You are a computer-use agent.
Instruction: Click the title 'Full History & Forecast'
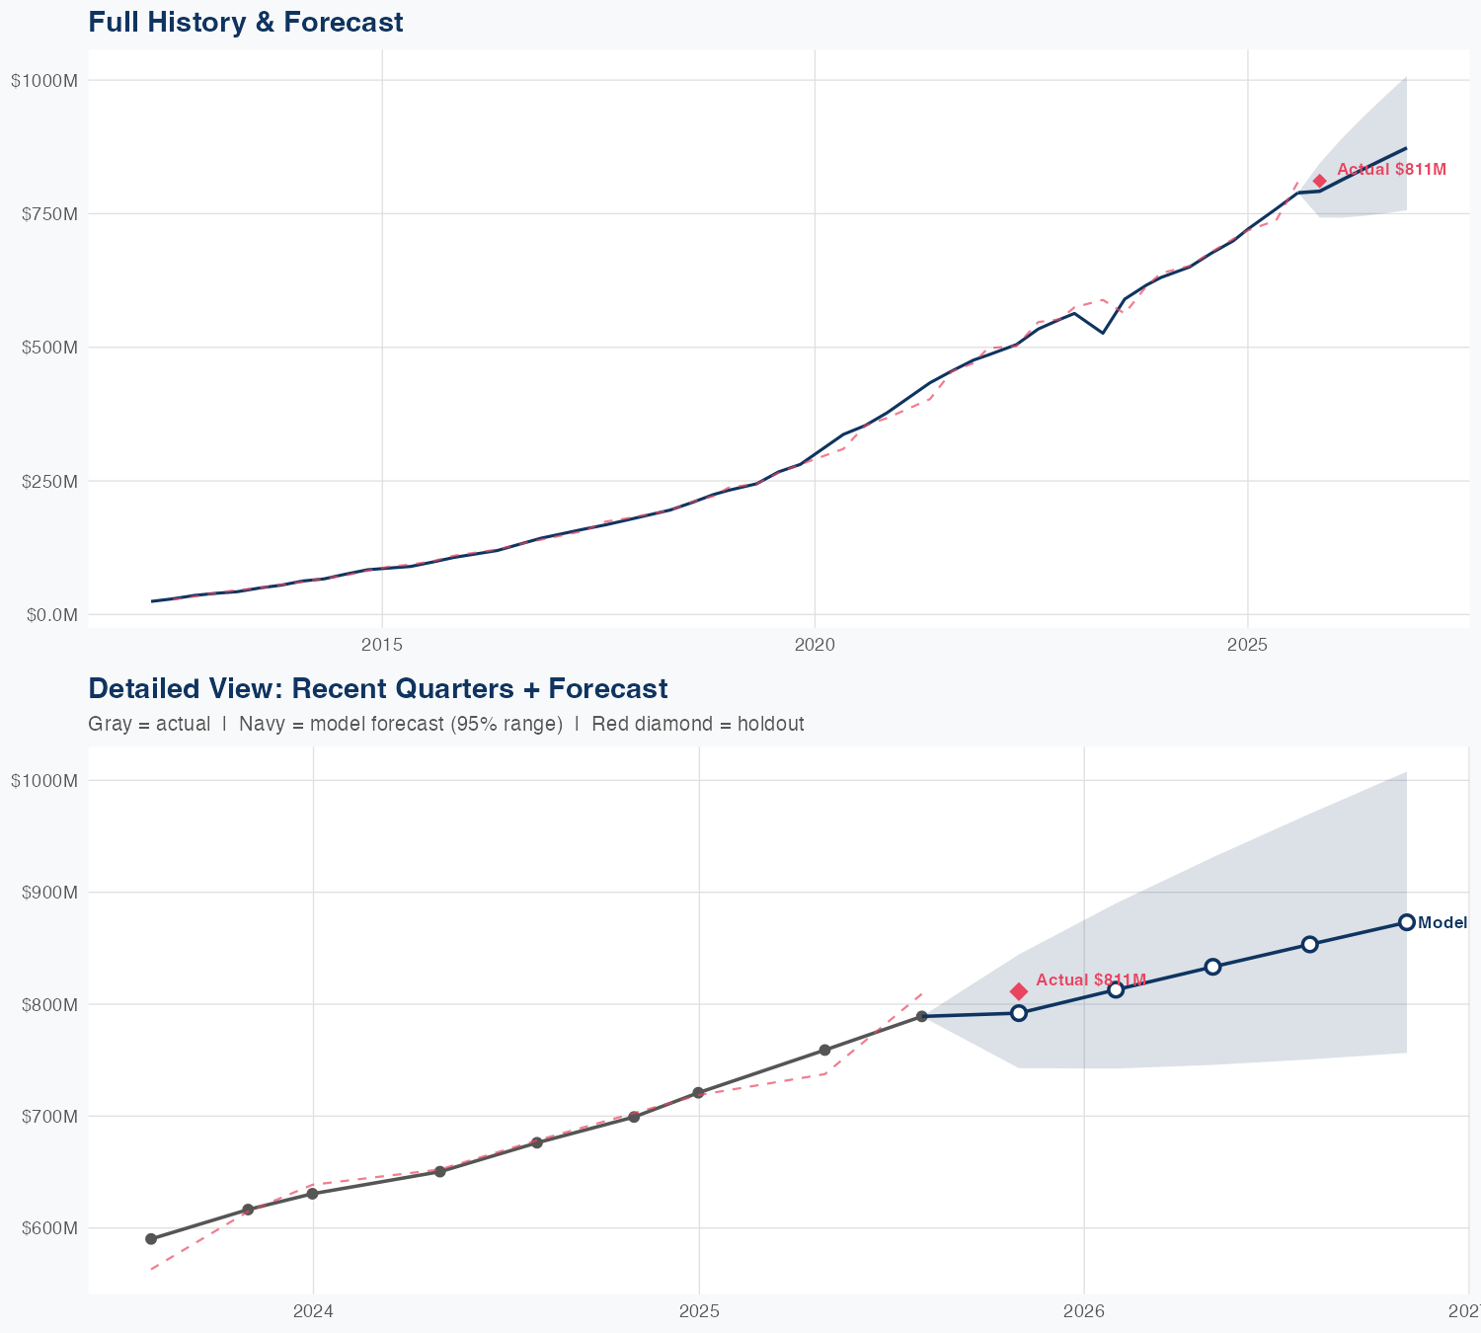(x=246, y=22)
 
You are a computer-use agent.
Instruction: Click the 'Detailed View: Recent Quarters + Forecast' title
(x=377, y=688)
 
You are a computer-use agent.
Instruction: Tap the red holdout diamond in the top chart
(x=1320, y=181)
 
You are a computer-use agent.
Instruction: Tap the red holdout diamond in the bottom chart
(x=1019, y=991)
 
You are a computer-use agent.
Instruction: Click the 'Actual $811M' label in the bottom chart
(x=1091, y=980)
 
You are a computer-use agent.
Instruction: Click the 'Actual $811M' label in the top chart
(x=1391, y=170)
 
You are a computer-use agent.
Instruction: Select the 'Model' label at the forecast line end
(x=1442, y=923)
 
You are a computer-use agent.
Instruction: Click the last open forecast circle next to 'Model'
(x=1407, y=922)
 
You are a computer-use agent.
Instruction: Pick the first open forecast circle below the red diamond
(x=1019, y=1013)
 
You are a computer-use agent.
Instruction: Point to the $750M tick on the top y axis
(x=44, y=214)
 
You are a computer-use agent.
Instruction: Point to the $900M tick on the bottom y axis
(x=44, y=893)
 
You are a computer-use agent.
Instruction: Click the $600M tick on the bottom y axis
(x=44, y=1228)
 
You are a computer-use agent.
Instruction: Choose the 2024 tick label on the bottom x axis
(x=314, y=1312)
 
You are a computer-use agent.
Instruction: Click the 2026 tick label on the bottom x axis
(x=1084, y=1312)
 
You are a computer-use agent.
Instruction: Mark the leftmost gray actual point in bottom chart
(x=151, y=1238)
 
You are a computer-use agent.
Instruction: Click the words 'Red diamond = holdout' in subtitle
(x=697, y=724)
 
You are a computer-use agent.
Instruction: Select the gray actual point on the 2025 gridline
(x=698, y=1093)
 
